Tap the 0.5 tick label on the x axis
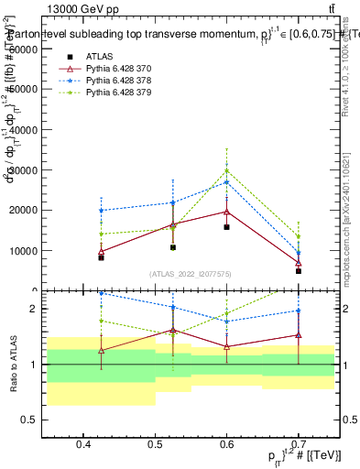[157, 445]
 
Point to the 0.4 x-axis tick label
[83, 445]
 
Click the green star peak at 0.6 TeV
[227, 170]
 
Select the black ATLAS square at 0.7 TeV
[299, 270]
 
